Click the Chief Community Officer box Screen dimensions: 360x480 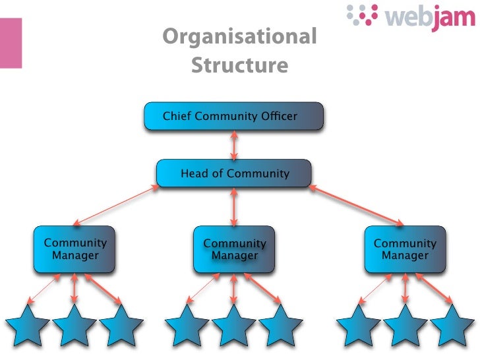234,117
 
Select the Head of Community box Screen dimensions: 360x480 234,174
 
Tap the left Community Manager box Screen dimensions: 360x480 75,249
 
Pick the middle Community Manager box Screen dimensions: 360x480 234,249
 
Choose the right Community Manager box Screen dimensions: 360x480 405,249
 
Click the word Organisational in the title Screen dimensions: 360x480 239,36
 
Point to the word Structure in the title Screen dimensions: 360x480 239,66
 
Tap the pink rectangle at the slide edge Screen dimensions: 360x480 11,42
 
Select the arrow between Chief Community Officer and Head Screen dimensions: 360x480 234,146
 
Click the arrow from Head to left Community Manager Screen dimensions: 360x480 117,205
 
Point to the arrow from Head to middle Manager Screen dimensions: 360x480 234,206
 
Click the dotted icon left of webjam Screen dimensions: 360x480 361,15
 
